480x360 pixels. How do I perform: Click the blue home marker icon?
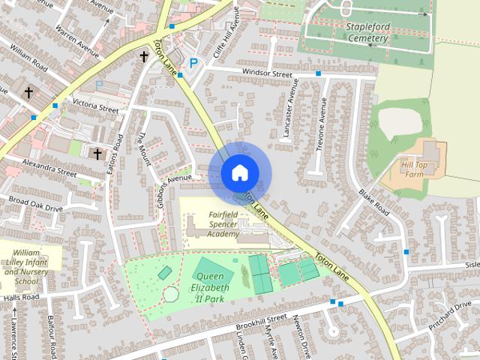click(x=239, y=172)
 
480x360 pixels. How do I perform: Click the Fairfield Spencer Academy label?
click(x=213, y=224)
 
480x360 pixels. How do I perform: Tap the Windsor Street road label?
click(x=266, y=73)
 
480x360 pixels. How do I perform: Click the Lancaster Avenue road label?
click(x=291, y=113)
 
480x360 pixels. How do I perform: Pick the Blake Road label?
click(x=373, y=201)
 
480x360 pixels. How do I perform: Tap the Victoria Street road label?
click(x=95, y=106)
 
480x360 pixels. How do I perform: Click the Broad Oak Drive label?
click(x=36, y=203)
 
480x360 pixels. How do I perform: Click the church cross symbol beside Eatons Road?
click(x=97, y=154)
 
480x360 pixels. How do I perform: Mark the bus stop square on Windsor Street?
click(x=319, y=73)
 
